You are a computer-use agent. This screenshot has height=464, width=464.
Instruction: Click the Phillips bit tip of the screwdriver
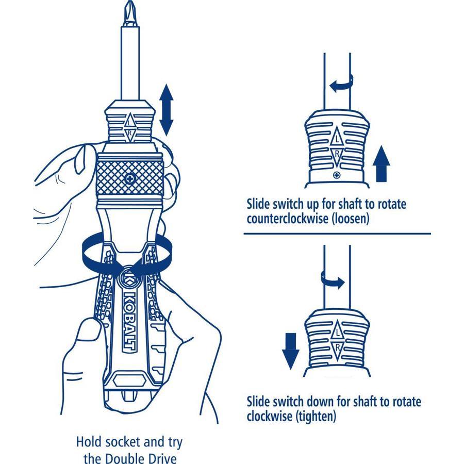pos(126,15)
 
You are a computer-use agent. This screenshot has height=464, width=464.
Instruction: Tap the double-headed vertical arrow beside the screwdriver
pos(166,110)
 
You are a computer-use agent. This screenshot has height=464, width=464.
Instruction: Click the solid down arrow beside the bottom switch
pos(290,349)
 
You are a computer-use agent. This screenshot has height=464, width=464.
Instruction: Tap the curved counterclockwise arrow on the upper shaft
pos(341,83)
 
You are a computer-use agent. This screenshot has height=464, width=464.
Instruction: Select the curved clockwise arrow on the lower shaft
pos(333,280)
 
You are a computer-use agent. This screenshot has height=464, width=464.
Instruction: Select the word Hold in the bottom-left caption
pos(89,442)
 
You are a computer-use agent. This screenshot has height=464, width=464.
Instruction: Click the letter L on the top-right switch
pos(337,139)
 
